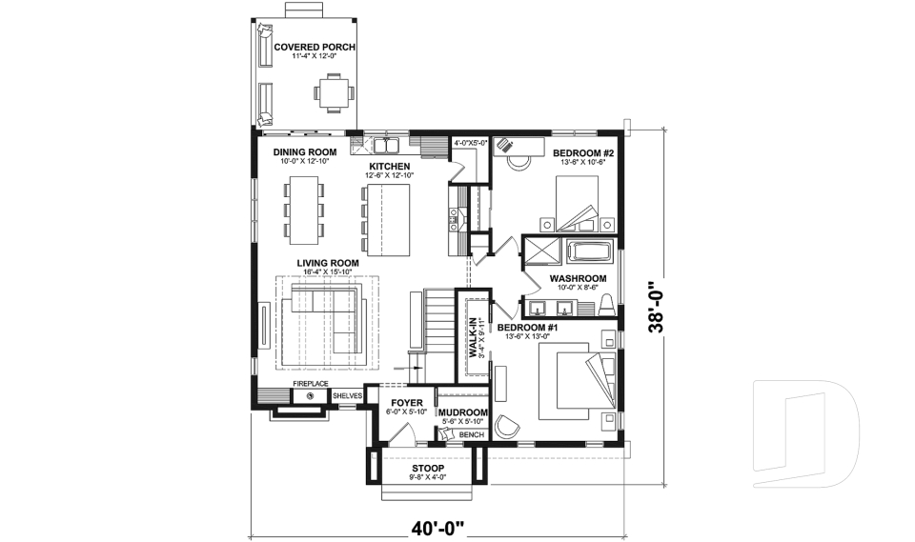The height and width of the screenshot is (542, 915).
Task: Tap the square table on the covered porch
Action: point(335,93)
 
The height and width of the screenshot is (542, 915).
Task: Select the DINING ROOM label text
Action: point(304,152)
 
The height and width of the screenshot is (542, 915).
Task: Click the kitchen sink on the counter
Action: point(386,146)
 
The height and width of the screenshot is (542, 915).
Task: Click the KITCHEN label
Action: point(390,167)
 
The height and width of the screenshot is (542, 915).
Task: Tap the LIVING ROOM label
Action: point(327,263)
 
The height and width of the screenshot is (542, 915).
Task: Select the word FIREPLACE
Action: point(310,383)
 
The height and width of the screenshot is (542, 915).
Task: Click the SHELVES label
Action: point(347,395)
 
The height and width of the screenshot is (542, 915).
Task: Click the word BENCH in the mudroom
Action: point(471,435)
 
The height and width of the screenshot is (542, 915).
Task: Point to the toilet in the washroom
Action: point(605,303)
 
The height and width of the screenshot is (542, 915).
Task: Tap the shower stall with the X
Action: point(542,253)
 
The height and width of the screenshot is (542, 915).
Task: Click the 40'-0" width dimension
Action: point(437,525)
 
